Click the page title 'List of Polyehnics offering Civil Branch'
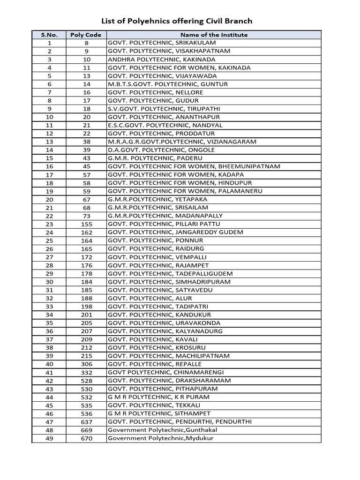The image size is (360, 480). pyautogui.click(x=177, y=21)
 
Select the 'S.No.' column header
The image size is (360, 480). pyautogui.click(x=49, y=35)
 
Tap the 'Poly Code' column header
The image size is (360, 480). pyautogui.click(x=86, y=35)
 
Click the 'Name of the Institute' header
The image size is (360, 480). pyautogui.click(x=214, y=35)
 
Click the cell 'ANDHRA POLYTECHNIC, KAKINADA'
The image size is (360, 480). pyautogui.click(x=162, y=60)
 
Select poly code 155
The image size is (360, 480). pyautogui.click(x=86, y=224)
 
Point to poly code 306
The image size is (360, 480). pyautogui.click(x=86, y=364)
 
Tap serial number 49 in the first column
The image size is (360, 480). pyautogui.click(x=49, y=438)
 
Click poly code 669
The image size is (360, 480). pyautogui.click(x=86, y=430)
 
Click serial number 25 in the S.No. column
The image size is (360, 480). pyautogui.click(x=49, y=240)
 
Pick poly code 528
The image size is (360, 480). pyautogui.click(x=86, y=381)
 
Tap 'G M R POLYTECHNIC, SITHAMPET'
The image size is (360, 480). pyautogui.click(x=159, y=413)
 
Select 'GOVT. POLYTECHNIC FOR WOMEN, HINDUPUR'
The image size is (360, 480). pyautogui.click(x=180, y=183)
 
